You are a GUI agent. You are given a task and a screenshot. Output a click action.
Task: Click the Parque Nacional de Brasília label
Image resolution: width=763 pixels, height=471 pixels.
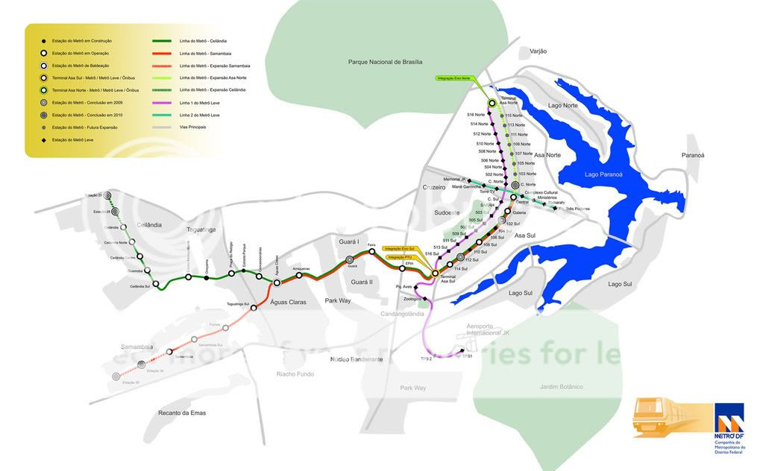385,62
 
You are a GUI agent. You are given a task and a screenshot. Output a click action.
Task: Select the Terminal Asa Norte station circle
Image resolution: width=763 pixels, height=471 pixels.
492,104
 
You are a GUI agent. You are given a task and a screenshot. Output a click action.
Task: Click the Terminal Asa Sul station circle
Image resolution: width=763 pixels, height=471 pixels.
435,274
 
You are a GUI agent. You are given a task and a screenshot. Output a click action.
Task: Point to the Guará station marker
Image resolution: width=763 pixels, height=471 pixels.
350,259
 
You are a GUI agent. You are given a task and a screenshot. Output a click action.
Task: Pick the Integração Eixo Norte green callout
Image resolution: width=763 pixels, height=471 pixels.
456,78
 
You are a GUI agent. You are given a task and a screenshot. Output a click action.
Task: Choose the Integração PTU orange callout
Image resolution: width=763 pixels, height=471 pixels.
401,257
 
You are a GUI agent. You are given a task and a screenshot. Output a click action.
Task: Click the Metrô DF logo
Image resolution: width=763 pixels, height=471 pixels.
729,425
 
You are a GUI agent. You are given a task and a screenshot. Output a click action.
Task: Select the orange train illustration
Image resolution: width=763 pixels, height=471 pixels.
671,417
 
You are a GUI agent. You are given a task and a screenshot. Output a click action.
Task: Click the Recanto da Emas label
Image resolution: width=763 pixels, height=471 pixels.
181,413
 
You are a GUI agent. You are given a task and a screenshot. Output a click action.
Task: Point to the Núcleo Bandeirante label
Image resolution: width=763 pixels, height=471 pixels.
357,359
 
